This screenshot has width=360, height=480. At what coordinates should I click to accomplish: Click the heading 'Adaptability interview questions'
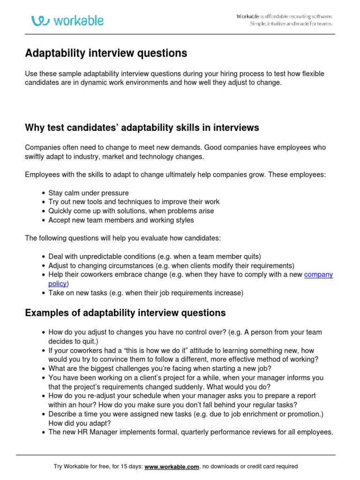[106, 53]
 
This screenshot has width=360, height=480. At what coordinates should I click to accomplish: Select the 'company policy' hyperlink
[318, 275]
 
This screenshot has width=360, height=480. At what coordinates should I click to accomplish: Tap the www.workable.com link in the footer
[172, 466]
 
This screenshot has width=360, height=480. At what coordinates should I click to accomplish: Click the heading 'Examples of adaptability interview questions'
[125, 313]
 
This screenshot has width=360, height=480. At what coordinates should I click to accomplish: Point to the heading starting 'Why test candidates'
[142, 128]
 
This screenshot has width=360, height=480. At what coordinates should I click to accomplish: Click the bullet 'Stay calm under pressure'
[88, 193]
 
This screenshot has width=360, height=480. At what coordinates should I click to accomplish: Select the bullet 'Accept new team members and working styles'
[121, 220]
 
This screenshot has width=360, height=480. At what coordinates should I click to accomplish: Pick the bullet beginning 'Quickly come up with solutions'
[131, 211]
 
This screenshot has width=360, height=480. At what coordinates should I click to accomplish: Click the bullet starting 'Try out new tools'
[134, 202]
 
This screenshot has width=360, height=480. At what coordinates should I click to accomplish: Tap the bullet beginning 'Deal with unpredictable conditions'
[154, 256]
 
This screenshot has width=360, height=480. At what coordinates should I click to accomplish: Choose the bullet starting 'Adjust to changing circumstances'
[171, 265]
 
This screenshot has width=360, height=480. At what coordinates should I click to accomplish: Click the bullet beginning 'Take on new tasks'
[146, 293]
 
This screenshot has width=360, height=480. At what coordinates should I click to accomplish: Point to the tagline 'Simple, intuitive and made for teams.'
[291, 24]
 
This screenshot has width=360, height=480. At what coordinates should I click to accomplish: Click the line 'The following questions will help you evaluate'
[122, 238]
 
